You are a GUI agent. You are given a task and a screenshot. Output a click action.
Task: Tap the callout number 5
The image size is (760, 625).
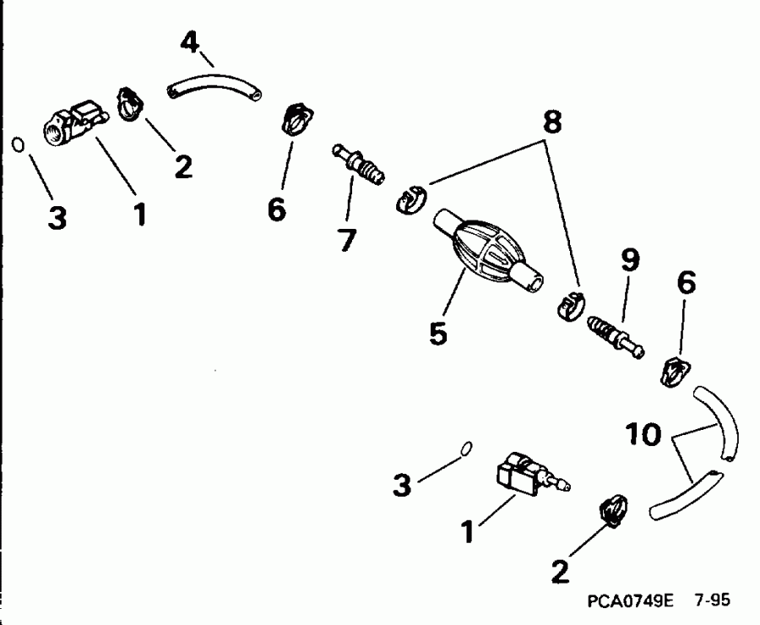[x=438, y=332]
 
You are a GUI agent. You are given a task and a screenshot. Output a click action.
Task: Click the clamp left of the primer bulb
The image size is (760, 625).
[x=410, y=199]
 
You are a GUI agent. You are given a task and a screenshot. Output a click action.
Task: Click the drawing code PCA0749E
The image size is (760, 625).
[x=628, y=601]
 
